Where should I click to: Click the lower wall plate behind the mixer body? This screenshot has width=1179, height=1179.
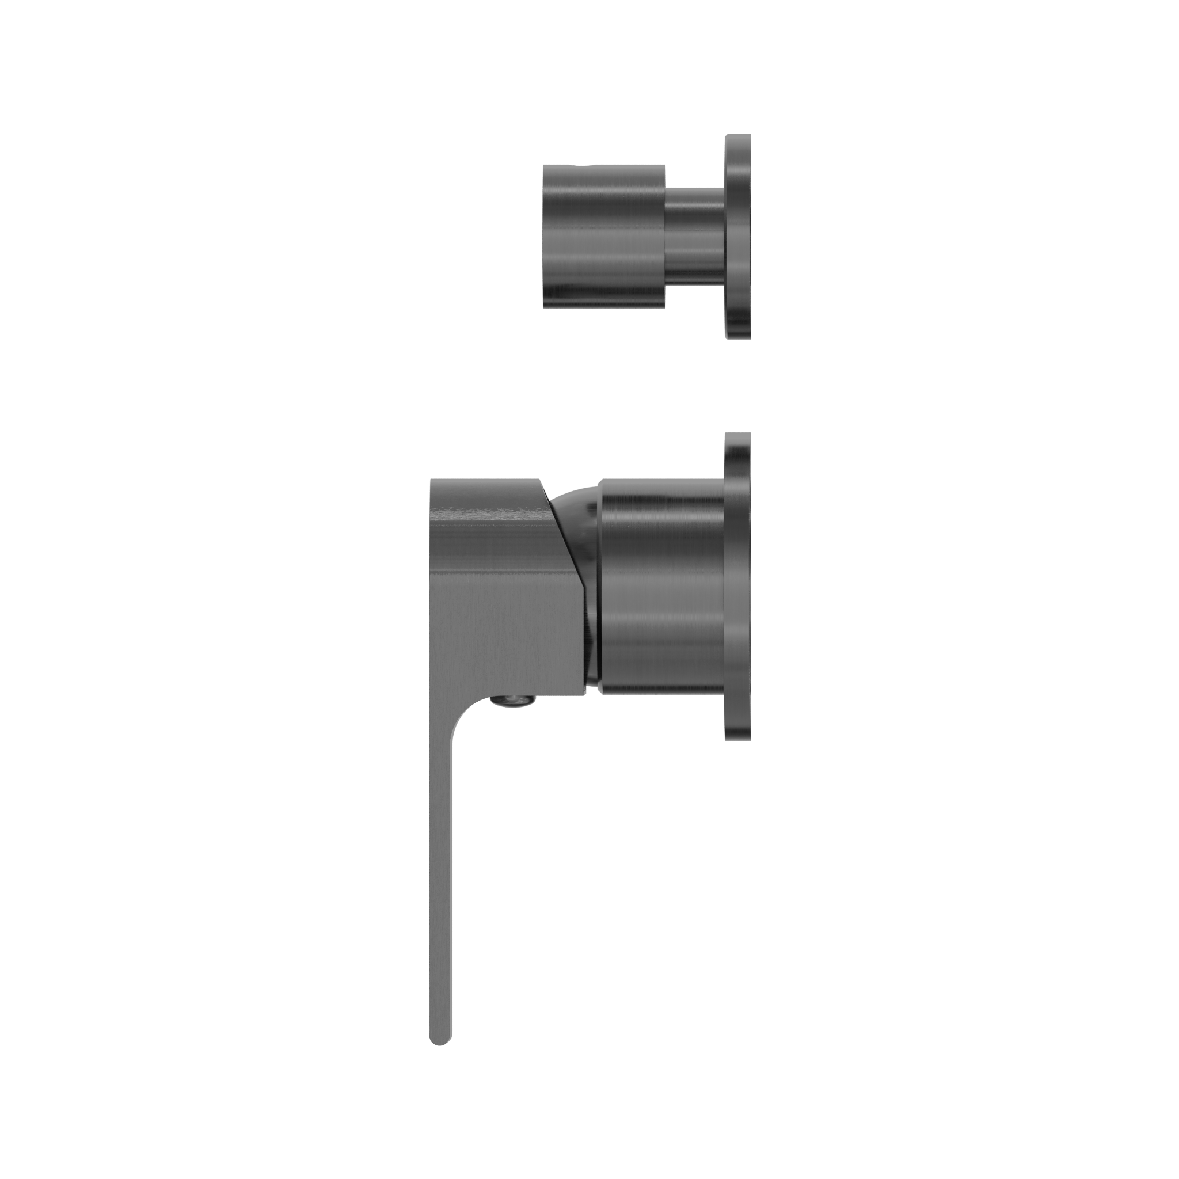click(737, 586)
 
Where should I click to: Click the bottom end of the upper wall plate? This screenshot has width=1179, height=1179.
click(739, 335)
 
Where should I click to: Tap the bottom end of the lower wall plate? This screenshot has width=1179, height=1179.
click(739, 739)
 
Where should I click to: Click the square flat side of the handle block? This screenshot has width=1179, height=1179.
click(495, 610)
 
